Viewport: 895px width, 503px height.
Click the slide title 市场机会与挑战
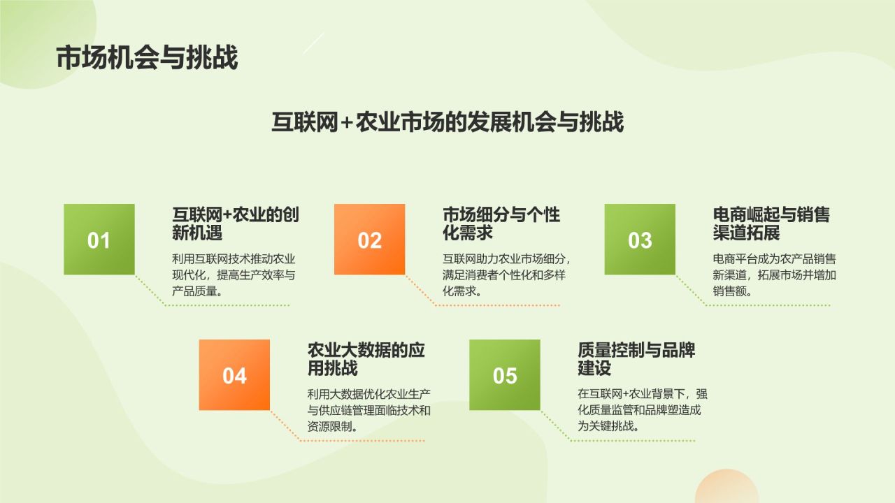click(x=147, y=58)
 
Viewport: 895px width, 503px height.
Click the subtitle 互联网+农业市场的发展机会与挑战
click(x=447, y=122)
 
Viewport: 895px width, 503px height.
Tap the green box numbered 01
click(x=99, y=239)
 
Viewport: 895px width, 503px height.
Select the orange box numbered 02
click(x=369, y=239)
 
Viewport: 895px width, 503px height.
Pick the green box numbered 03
click(x=640, y=239)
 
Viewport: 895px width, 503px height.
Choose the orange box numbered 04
click(x=234, y=374)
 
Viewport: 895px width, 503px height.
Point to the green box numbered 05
click(x=504, y=374)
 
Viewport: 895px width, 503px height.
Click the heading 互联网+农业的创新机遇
click(x=236, y=224)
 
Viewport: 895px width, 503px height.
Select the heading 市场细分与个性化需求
click(x=501, y=224)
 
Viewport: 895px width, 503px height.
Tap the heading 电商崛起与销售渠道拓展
click(x=771, y=224)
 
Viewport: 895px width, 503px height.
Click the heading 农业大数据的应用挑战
click(x=366, y=359)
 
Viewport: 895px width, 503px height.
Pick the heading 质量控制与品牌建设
click(x=636, y=359)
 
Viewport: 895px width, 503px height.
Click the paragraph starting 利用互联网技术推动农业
click(x=234, y=274)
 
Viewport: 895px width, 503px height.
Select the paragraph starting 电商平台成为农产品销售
click(x=774, y=274)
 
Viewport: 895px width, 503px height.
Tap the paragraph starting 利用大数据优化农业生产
click(x=368, y=409)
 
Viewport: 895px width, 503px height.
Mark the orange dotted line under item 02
click(x=496, y=305)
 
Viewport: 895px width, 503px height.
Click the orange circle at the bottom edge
click(x=726, y=489)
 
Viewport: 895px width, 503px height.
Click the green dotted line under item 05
click(x=632, y=441)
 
